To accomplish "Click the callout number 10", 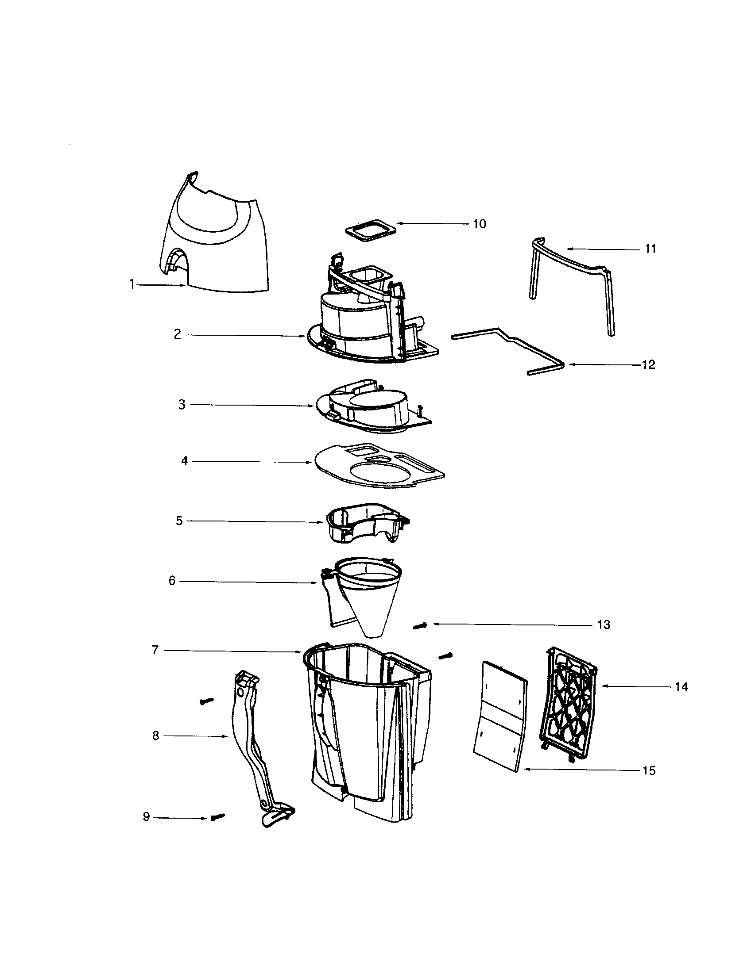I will (480, 224).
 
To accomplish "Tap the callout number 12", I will (648, 364).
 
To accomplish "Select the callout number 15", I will (649, 770).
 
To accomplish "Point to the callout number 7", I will (155, 650).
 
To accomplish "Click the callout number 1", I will (132, 284).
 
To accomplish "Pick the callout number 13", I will (604, 624).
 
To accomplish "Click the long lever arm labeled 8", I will (250, 748).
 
